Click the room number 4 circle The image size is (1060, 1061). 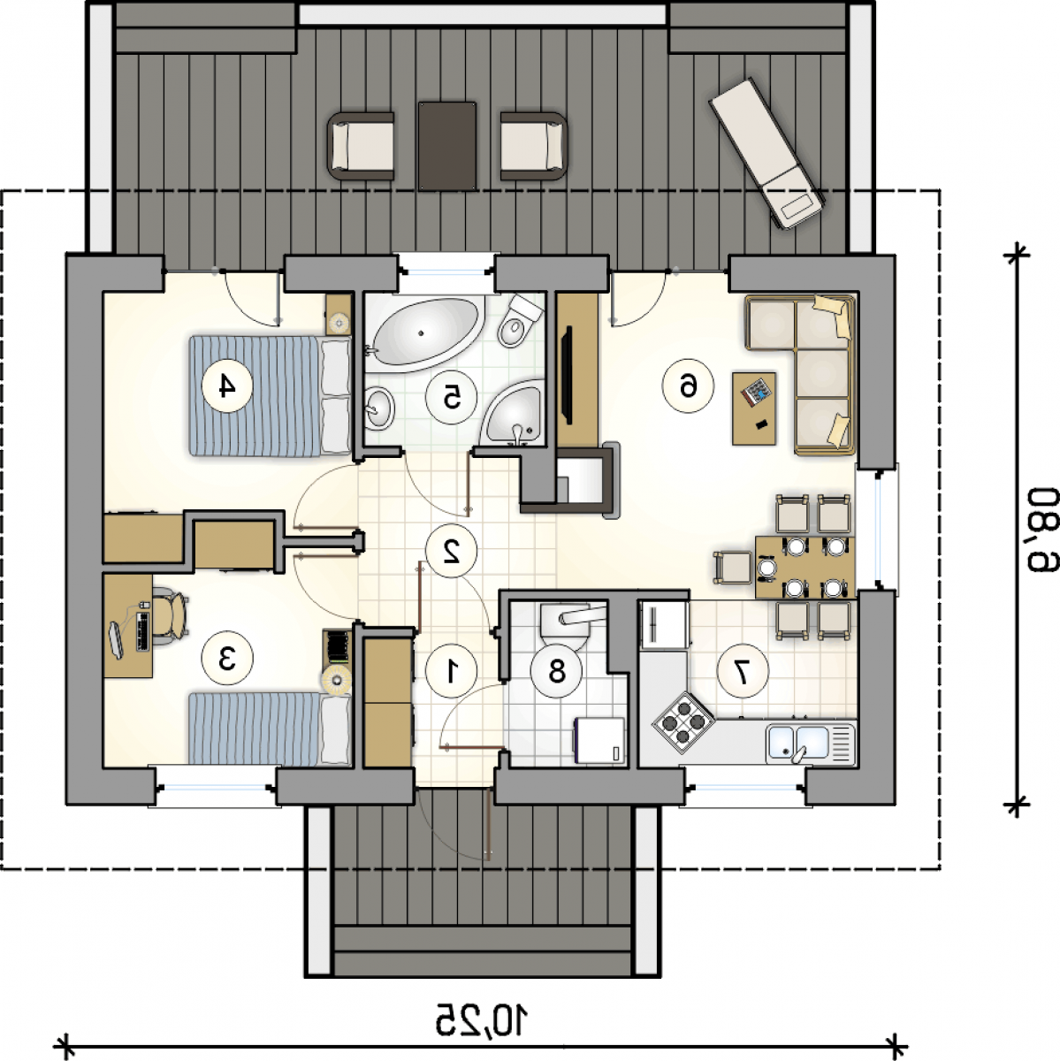click(x=227, y=386)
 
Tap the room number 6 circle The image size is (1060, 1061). click(x=688, y=386)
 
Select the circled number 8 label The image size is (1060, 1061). click(x=556, y=671)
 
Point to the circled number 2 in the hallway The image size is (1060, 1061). click(x=452, y=551)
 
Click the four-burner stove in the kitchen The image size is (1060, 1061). click(x=683, y=721)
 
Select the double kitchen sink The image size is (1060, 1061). click(x=810, y=744)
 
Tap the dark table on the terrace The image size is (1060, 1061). click(x=447, y=146)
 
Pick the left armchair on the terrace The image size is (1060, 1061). click(x=362, y=146)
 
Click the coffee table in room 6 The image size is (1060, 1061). click(x=754, y=408)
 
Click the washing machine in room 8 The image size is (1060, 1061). click(x=599, y=740)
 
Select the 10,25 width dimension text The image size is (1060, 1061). click(x=482, y=1019)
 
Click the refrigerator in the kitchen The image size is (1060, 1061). click(x=664, y=624)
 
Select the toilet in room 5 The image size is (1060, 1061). click(x=518, y=321)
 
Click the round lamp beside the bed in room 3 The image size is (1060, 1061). click(x=335, y=679)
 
